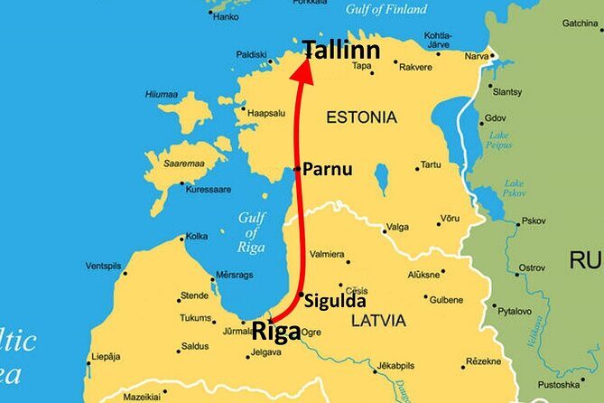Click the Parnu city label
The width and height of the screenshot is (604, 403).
point(327,169)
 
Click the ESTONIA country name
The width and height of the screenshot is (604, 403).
point(361,117)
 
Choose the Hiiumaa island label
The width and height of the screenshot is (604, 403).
point(162,93)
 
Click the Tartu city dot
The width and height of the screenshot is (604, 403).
point(417,166)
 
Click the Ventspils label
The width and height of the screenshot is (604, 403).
point(103,266)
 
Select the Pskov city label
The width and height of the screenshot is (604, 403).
point(534,220)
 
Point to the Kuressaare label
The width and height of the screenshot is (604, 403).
point(208,190)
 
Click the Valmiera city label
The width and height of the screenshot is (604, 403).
point(326,255)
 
